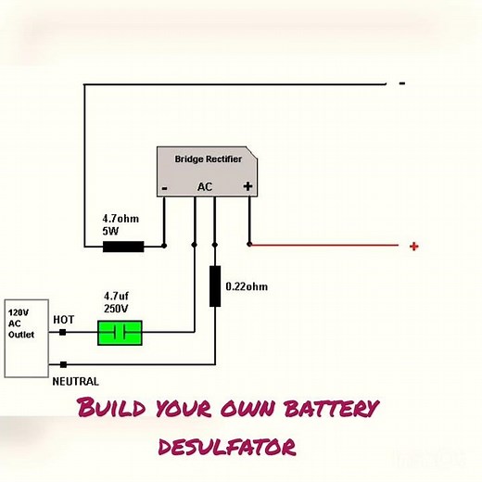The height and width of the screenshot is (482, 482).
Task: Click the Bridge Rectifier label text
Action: pos(209,159)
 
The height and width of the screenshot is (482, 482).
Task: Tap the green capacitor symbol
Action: pos(120,332)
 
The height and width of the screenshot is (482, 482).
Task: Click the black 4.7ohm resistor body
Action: pos(122,247)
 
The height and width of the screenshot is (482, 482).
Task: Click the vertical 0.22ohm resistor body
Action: pos(215,286)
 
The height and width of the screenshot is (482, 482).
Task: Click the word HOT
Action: pos(64,319)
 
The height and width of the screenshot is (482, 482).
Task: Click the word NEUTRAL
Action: pos(75,380)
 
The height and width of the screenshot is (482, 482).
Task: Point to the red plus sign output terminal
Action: pos(413,246)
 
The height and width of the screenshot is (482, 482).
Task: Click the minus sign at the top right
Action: pos(401,83)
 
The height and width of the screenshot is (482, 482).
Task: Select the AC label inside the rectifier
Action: pos(205,186)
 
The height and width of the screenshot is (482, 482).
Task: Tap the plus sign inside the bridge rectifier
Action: pos(247,186)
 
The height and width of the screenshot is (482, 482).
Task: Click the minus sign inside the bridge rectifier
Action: pos(164,187)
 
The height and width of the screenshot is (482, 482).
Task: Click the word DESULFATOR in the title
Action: pos(227,447)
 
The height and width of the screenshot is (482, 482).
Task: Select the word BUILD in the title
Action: pos(112,408)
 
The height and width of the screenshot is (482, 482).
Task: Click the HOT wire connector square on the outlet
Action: pos(62,331)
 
